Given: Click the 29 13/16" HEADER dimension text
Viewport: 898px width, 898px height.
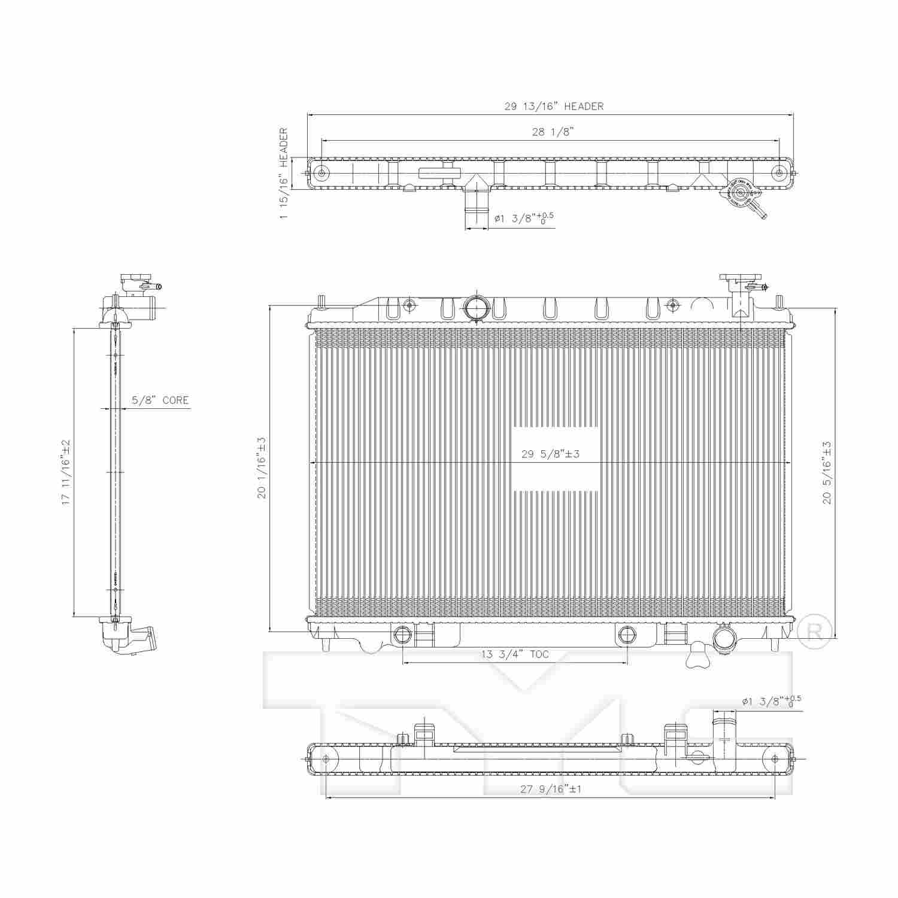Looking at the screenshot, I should click(x=554, y=107).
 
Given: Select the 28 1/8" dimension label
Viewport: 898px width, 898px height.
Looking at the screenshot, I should click(x=553, y=132).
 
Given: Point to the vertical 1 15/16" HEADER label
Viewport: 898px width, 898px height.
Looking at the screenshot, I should click(x=284, y=173).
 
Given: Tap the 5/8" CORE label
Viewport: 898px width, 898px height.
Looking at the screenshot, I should click(x=160, y=401).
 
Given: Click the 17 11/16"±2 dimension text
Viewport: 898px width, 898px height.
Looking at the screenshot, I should click(x=66, y=472).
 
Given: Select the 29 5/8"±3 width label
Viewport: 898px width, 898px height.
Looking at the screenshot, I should click(x=550, y=454).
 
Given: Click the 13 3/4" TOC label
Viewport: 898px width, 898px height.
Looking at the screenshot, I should click(x=515, y=655).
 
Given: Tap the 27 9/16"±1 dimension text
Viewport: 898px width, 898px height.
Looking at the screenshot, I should click(x=550, y=789).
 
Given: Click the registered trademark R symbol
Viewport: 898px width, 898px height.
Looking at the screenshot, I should click(x=815, y=631).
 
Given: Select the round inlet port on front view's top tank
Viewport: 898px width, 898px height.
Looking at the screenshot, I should click(x=477, y=308).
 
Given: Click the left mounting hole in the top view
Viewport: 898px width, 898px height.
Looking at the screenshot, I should click(x=322, y=174).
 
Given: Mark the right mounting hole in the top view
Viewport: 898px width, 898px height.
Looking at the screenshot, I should click(x=778, y=174).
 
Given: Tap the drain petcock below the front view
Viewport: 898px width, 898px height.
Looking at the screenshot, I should click(x=697, y=656).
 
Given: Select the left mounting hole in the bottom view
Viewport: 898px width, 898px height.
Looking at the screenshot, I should click(x=326, y=759).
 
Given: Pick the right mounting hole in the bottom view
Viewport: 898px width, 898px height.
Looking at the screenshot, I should click(x=775, y=759).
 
